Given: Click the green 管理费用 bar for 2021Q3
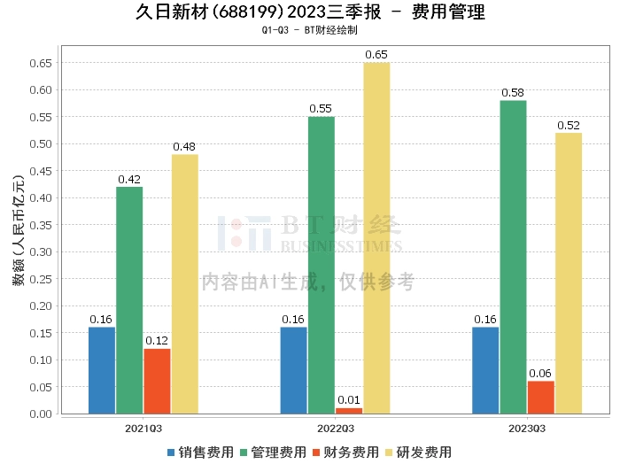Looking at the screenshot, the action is click(x=129, y=300).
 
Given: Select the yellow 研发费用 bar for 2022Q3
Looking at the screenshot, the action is click(x=376, y=238).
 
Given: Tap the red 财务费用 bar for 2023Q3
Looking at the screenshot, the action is click(x=541, y=398).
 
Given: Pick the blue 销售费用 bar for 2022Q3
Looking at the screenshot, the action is click(x=294, y=371).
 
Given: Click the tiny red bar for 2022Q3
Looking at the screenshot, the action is click(x=349, y=411).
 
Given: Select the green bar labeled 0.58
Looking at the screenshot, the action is click(x=513, y=258).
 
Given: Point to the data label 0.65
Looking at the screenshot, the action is click(x=376, y=55).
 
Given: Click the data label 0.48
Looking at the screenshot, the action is click(x=184, y=147).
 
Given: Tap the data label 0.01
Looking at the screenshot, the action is click(x=349, y=400).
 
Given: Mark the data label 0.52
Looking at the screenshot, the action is click(x=569, y=125).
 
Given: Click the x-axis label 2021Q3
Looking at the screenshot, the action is click(x=143, y=429).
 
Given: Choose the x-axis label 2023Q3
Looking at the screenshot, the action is click(x=527, y=429).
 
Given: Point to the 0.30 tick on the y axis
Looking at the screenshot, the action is click(x=41, y=251).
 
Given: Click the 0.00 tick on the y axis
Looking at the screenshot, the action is click(x=41, y=414).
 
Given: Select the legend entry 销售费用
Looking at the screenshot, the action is click(x=201, y=452).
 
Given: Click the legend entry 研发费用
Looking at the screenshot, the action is click(x=419, y=452).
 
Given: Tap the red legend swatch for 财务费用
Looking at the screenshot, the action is click(x=316, y=452).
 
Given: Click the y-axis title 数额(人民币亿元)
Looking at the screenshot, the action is click(x=19, y=230).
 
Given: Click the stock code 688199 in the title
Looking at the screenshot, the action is click(x=247, y=12).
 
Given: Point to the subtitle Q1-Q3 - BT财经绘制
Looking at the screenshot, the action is click(x=310, y=30).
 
